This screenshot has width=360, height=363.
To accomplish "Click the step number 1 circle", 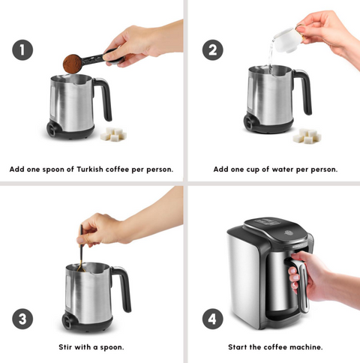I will click(x=22, y=50).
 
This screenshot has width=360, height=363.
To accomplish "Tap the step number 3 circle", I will click(x=22, y=318).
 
